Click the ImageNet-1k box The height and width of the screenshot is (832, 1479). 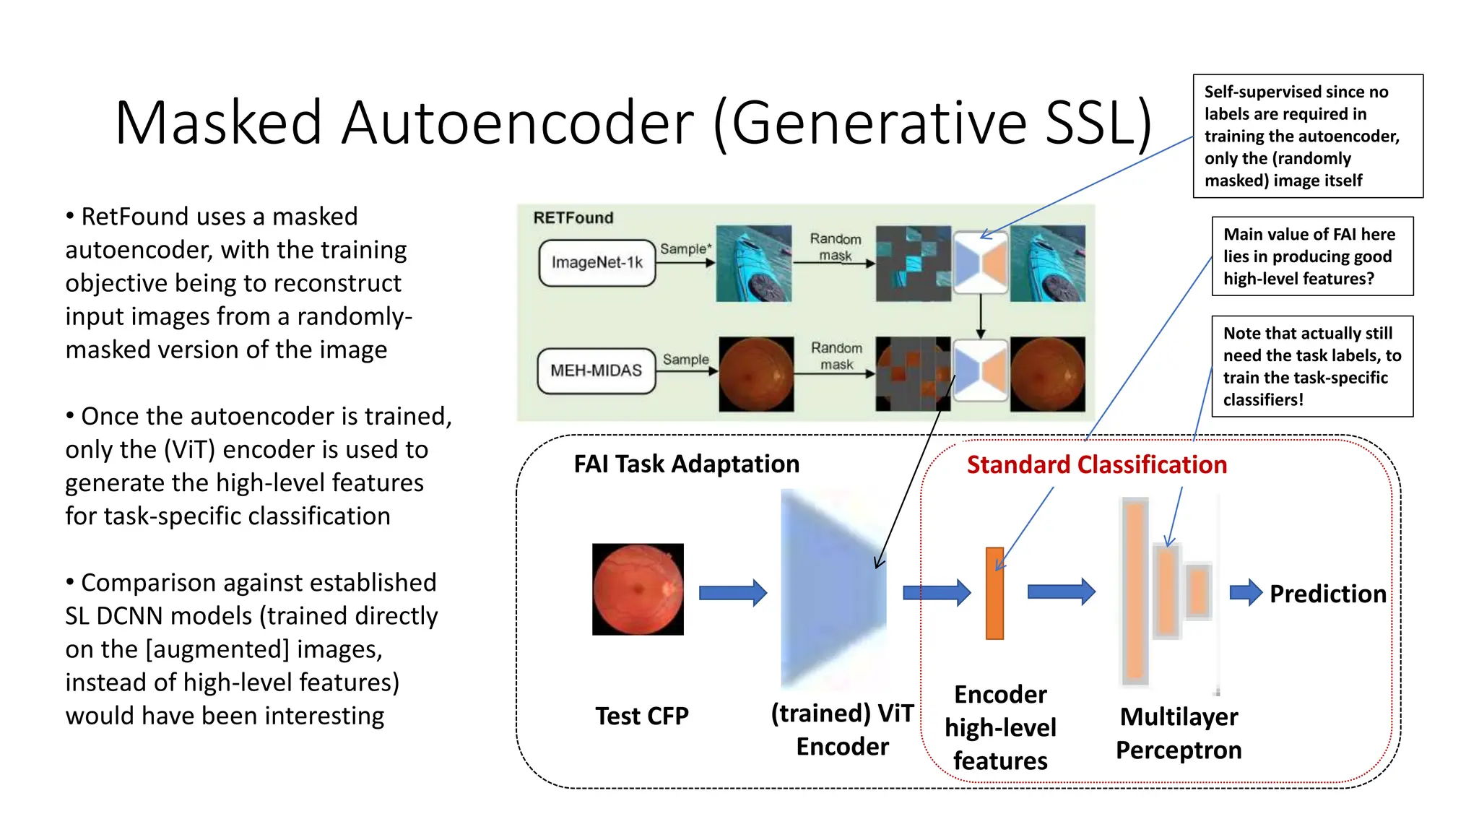click(x=597, y=263)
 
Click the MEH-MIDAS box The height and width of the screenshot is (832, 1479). click(x=596, y=370)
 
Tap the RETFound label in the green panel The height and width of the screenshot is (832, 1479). click(x=573, y=218)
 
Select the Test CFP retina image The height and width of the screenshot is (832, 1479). click(x=638, y=589)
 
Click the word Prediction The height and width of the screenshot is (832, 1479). click(x=1327, y=594)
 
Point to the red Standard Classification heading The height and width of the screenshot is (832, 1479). click(x=1096, y=464)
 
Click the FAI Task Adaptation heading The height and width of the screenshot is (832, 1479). click(x=686, y=464)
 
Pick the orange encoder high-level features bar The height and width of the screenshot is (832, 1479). click(x=994, y=593)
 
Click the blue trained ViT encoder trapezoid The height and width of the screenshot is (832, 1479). click(x=833, y=589)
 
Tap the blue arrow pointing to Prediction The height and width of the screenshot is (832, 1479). click(x=1246, y=592)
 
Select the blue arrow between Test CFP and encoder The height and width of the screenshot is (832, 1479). click(x=732, y=593)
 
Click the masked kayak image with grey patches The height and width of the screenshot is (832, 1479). click(x=913, y=264)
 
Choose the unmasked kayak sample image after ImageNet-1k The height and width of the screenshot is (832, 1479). click(x=753, y=263)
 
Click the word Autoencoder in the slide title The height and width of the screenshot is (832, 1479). click(x=517, y=123)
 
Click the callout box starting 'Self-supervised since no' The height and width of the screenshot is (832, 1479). click(x=1307, y=136)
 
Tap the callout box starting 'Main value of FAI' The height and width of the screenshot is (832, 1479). click(x=1311, y=256)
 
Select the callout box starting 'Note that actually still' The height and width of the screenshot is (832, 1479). click(x=1311, y=366)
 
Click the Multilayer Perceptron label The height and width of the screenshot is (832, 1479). click(x=1179, y=733)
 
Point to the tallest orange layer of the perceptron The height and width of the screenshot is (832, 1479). click(x=1135, y=591)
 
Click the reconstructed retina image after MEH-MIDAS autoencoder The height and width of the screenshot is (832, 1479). click(x=1047, y=374)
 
